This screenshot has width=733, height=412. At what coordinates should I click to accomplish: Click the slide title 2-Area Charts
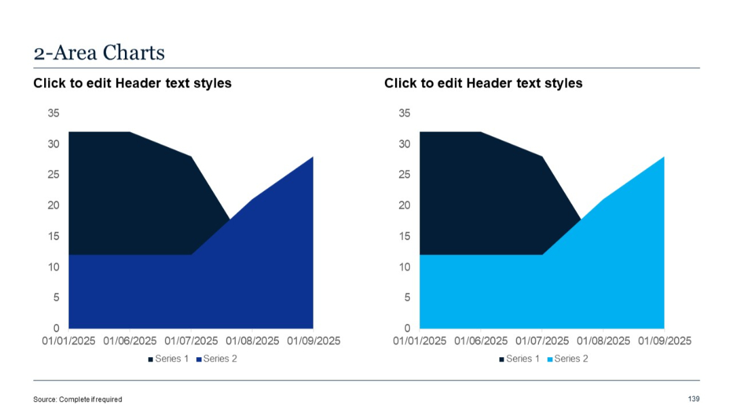click(99, 52)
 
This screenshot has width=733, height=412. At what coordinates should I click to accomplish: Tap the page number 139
click(693, 398)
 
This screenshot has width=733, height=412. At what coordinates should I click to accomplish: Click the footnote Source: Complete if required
click(77, 399)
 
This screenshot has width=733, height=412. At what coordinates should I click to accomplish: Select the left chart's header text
click(132, 83)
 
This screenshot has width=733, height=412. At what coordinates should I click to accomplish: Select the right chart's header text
click(483, 83)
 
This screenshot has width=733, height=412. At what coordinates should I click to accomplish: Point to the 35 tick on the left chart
click(53, 113)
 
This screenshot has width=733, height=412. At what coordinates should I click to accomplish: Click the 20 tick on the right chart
click(404, 205)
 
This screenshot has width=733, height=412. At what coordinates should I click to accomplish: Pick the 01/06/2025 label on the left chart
click(130, 341)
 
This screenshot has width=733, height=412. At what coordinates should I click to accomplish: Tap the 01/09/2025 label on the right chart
click(664, 341)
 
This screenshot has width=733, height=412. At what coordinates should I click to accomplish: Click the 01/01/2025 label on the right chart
click(419, 341)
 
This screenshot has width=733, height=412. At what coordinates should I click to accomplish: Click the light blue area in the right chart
click(543, 291)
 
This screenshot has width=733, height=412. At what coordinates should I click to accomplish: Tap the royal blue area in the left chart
click(190, 291)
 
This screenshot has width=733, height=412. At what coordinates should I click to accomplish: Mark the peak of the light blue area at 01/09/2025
click(663, 157)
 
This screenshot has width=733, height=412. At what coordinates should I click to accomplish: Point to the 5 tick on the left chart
click(56, 297)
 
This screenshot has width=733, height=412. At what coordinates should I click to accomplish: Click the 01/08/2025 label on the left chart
click(252, 341)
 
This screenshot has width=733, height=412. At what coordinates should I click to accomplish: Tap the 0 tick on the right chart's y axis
click(407, 328)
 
